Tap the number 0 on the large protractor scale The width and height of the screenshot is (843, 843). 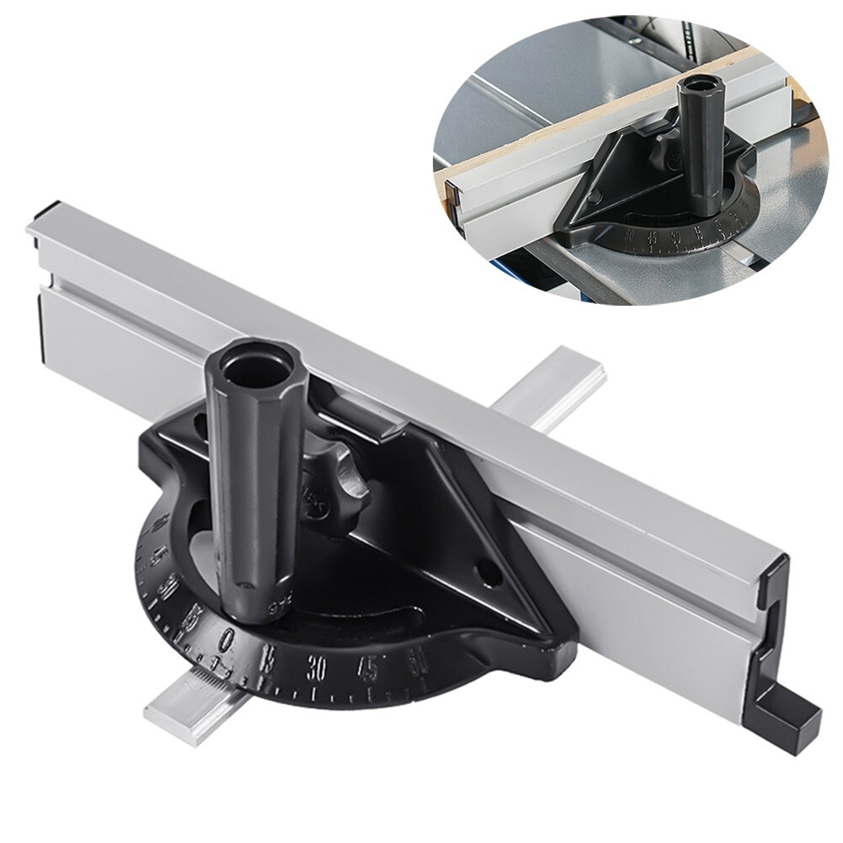pos(226,643)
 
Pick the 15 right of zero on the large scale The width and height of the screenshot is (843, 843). pos(269,659)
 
